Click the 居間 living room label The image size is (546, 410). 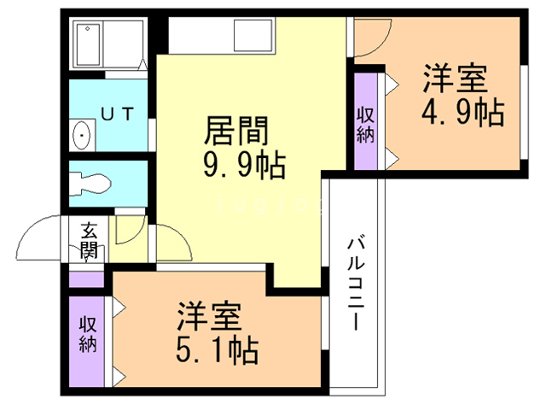coord(236,131)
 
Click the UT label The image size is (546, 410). coord(116,112)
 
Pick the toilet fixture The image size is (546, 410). coord(90,181)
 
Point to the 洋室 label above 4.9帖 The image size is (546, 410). coord(456,79)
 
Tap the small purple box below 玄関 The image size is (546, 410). coord(86,278)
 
